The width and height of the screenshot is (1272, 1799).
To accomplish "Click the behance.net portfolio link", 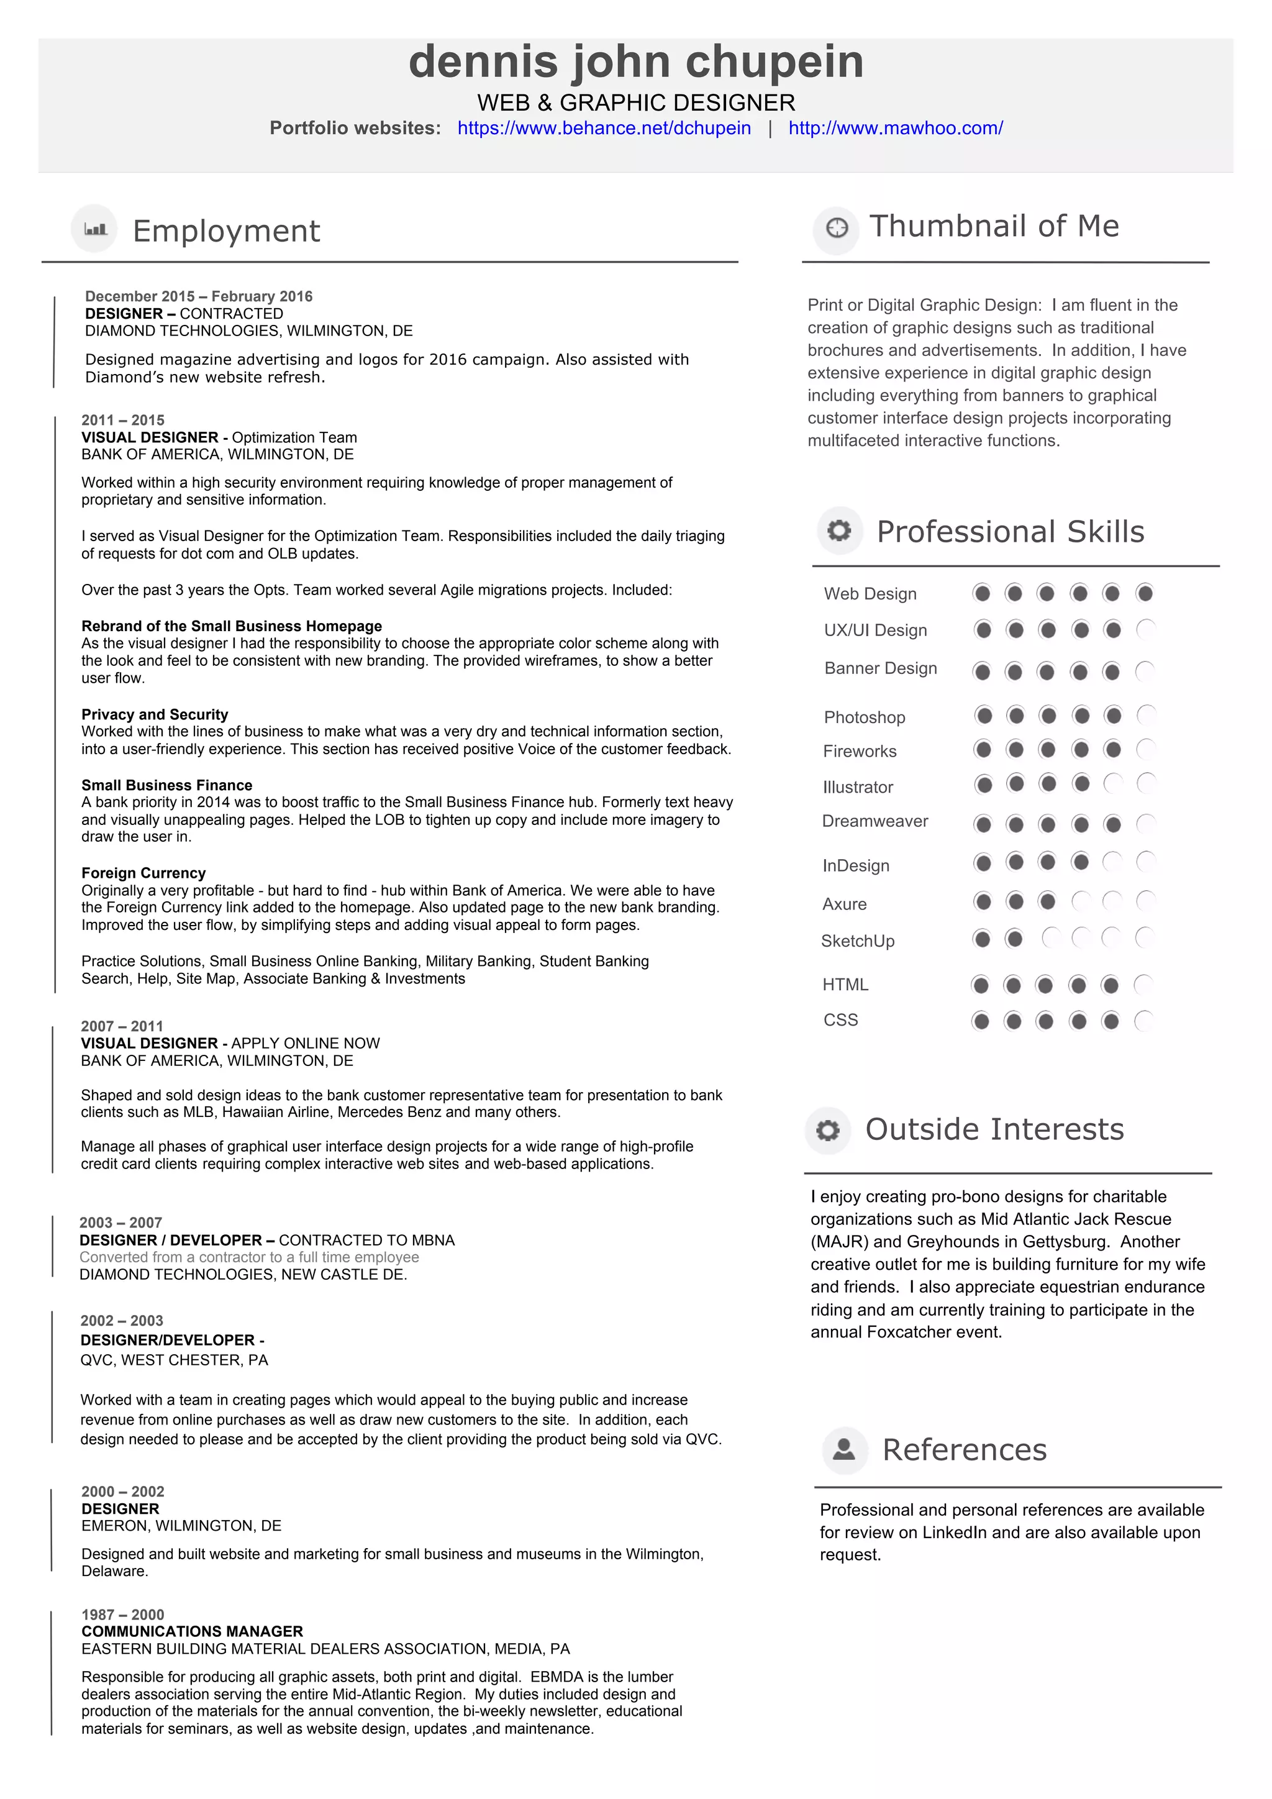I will (x=604, y=128).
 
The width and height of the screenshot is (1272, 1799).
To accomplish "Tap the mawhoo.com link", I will (x=895, y=128).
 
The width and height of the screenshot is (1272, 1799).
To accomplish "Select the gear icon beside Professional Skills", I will (x=839, y=531).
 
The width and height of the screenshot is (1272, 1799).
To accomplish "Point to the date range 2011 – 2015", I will (x=123, y=420).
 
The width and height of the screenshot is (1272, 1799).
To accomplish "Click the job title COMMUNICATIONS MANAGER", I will (x=192, y=1631).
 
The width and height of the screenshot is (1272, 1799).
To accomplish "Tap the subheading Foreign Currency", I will (x=143, y=873).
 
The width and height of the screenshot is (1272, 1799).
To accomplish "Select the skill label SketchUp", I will (x=857, y=941).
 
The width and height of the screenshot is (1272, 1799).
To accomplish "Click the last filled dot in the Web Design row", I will (x=1144, y=593).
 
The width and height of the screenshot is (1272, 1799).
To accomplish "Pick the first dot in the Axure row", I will (x=982, y=901).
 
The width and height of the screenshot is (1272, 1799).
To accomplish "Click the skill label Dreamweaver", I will (x=875, y=821).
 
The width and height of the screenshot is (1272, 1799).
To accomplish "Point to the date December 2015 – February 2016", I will (x=198, y=296).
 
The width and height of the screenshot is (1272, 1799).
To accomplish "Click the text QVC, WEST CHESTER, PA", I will (x=174, y=1360).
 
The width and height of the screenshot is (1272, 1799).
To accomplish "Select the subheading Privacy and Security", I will (x=154, y=714).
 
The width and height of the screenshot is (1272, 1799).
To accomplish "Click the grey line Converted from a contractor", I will (x=249, y=1257).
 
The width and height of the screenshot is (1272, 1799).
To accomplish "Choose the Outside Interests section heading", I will (x=994, y=1129).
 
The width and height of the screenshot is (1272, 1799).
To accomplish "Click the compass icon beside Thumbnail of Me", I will (x=837, y=228).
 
